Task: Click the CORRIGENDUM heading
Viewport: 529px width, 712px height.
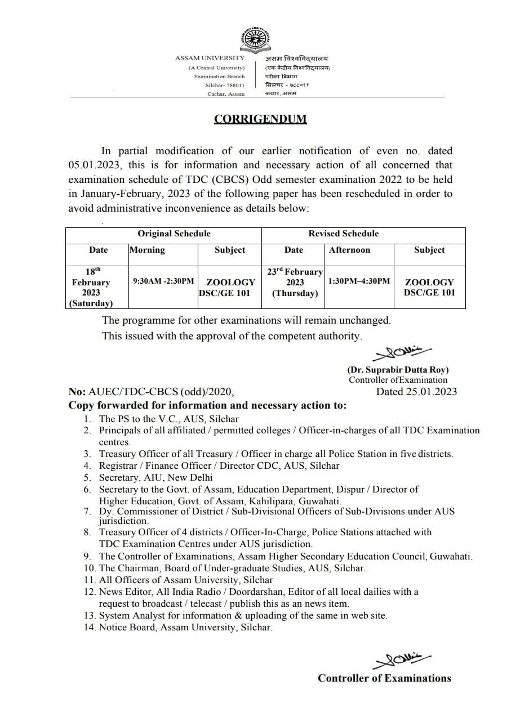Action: tap(260, 119)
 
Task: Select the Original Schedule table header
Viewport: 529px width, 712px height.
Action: tap(174, 234)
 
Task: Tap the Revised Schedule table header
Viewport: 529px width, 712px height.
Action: tap(343, 234)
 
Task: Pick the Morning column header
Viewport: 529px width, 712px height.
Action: tap(147, 250)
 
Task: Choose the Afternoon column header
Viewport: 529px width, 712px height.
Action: tap(349, 250)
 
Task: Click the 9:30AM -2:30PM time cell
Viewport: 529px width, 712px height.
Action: tap(163, 281)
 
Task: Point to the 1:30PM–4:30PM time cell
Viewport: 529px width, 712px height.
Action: tap(359, 281)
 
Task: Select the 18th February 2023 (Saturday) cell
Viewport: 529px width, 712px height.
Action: tap(91, 287)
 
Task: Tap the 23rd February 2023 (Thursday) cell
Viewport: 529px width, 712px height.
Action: tap(294, 282)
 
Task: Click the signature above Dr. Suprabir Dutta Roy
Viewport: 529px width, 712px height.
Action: tap(401, 353)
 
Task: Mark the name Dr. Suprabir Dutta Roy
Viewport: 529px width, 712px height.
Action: tap(398, 370)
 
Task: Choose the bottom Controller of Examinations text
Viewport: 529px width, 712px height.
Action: tap(384, 678)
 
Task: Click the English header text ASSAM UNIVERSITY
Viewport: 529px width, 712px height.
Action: tap(210, 58)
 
